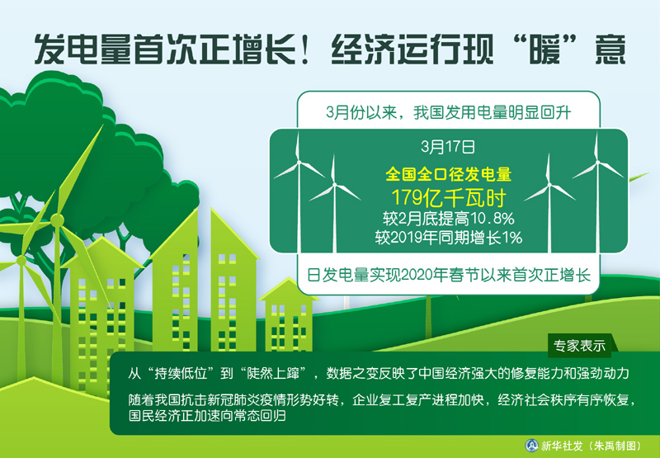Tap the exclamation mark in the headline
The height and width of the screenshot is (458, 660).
click(x=308, y=50)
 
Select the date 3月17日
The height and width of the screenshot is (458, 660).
click(x=448, y=147)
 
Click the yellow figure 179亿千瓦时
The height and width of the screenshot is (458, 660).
click(x=449, y=197)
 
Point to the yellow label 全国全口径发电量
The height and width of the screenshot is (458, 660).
click(x=449, y=174)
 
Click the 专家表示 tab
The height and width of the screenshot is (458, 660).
click(x=579, y=345)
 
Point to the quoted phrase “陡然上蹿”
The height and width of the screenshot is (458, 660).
click(x=273, y=373)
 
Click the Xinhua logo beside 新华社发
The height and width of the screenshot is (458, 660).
click(x=531, y=446)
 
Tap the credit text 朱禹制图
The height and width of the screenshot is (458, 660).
click(x=615, y=446)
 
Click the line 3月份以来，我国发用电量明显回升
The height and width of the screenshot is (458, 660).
click(x=448, y=112)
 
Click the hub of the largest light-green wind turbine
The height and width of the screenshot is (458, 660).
click(x=57, y=220)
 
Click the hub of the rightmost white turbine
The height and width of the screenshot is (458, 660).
click(x=597, y=162)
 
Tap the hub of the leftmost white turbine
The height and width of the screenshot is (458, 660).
click(x=299, y=162)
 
